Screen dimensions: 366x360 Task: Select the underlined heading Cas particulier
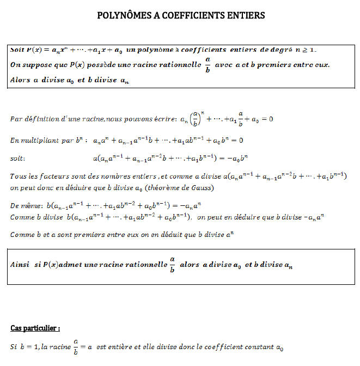(x=35, y=328)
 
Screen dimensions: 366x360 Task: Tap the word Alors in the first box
(x=20, y=80)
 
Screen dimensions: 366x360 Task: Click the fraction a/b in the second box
(x=172, y=265)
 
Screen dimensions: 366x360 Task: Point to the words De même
(x=23, y=207)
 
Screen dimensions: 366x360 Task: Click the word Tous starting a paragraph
(x=18, y=176)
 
